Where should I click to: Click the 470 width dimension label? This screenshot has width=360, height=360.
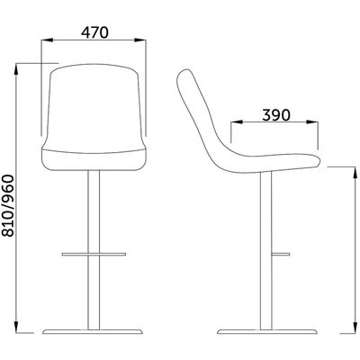(x=94, y=32)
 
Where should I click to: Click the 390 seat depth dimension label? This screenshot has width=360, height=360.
(x=276, y=115)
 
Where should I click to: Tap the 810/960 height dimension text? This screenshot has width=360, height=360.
(x=8, y=206)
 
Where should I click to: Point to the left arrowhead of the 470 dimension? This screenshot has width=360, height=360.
(x=48, y=40)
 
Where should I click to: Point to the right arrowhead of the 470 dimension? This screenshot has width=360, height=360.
(x=140, y=40)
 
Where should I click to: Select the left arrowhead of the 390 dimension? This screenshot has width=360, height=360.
(x=237, y=121)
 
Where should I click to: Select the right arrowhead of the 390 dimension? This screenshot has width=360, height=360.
(x=311, y=121)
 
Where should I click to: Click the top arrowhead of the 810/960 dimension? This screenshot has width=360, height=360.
(x=16, y=69)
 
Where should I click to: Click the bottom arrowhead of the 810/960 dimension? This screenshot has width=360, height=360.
(x=16, y=327)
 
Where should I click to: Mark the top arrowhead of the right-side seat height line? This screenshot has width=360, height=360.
(x=355, y=172)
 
